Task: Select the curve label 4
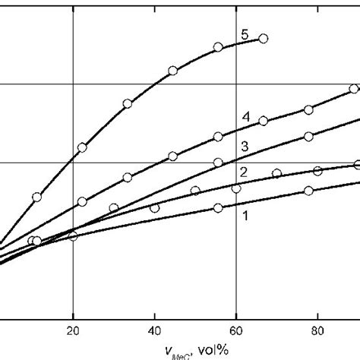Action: [x=246, y=116]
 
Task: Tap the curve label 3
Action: [x=245, y=145]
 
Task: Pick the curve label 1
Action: [x=245, y=216]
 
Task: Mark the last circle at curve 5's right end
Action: [x=264, y=38]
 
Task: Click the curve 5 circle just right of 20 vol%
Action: [x=82, y=147]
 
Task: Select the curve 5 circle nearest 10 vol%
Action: [x=36, y=197]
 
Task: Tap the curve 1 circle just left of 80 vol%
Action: [x=308, y=191]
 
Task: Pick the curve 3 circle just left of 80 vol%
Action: [x=308, y=137]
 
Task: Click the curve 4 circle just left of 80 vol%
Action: [x=308, y=110]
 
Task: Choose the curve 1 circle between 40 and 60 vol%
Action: [x=218, y=207]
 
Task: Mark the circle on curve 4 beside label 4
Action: [x=263, y=121]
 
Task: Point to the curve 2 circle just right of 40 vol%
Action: [x=195, y=191]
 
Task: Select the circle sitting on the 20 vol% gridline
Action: [x=73, y=235]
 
